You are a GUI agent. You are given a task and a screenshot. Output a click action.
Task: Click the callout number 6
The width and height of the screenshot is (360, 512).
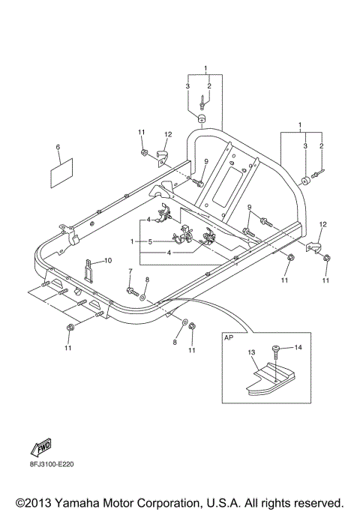(58, 150)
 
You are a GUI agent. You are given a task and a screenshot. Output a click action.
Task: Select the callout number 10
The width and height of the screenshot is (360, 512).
(108, 260)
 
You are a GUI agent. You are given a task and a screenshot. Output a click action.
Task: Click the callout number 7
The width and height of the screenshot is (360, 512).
(130, 271)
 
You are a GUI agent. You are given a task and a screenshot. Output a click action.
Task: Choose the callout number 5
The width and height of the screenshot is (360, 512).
(150, 241)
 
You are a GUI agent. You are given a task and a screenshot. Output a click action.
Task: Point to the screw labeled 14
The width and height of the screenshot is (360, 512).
(278, 352)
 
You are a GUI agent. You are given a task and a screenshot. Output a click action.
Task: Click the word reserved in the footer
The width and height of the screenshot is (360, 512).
(316, 502)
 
